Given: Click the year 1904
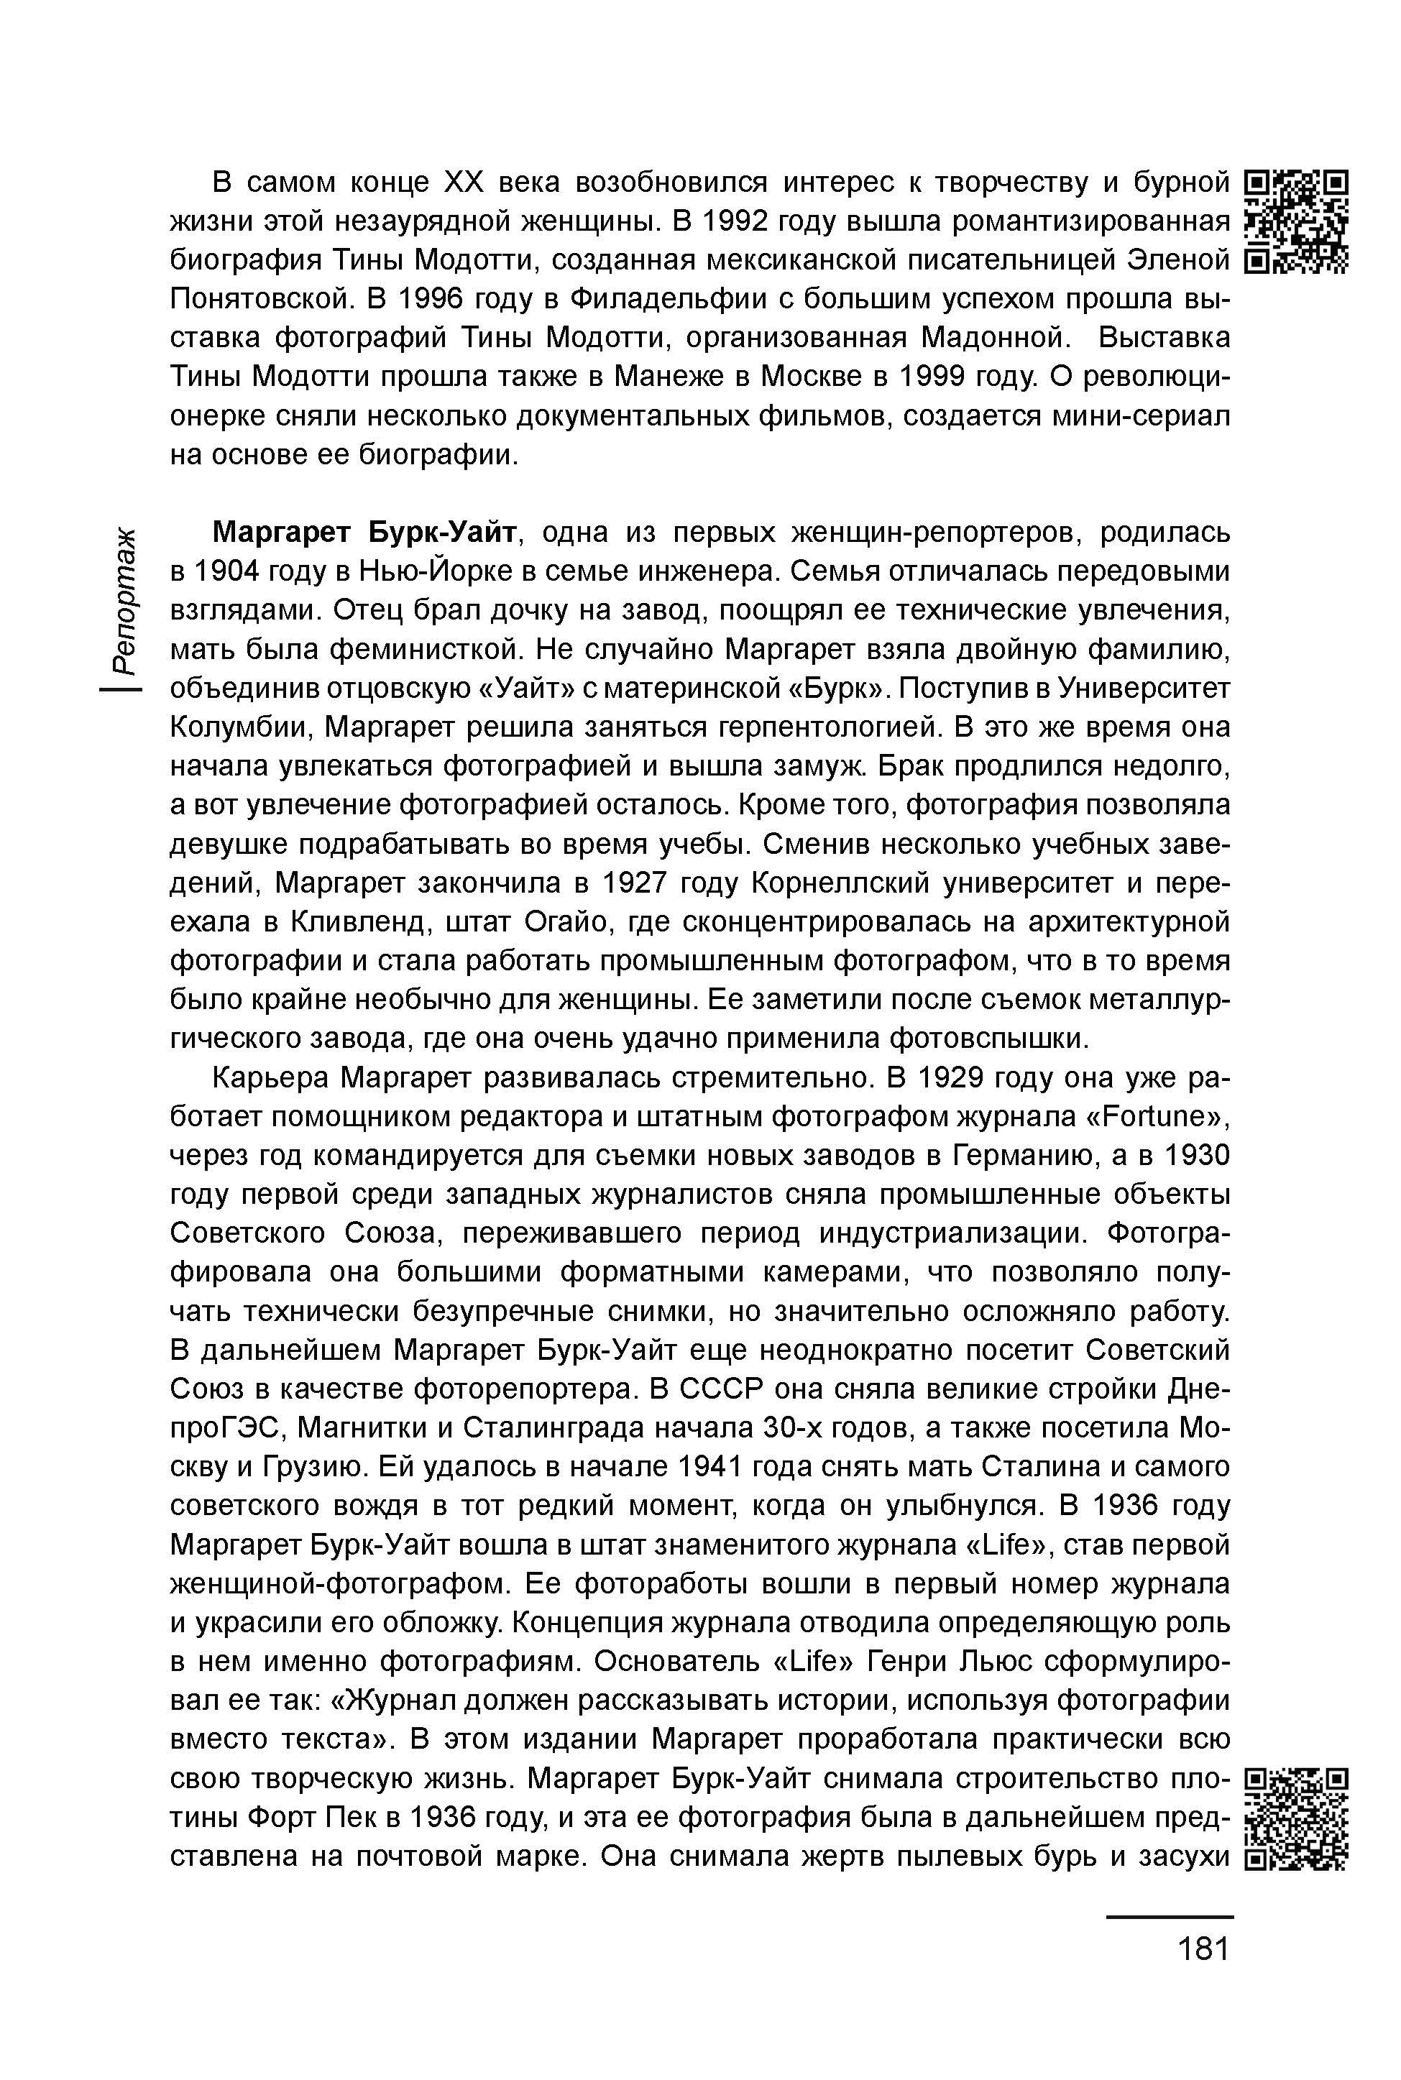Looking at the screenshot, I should pyautogui.click(x=232, y=571).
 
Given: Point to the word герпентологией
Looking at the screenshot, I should pyautogui.click(x=803, y=727).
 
